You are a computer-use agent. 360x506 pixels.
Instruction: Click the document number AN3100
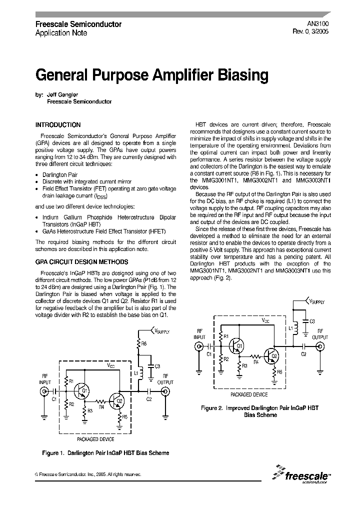click(318, 23)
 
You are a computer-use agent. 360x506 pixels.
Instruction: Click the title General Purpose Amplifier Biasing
click(152, 75)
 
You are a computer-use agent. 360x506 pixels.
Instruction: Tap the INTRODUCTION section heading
click(57, 125)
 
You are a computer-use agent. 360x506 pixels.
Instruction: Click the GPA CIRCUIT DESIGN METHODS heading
click(81, 261)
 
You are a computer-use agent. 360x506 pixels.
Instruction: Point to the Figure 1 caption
click(105, 453)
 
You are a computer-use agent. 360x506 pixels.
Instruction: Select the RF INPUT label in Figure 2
click(199, 334)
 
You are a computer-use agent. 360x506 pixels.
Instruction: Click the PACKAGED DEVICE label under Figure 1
click(95, 439)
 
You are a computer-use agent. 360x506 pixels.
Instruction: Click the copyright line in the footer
click(87, 473)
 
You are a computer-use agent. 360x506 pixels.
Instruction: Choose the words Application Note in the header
click(61, 33)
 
